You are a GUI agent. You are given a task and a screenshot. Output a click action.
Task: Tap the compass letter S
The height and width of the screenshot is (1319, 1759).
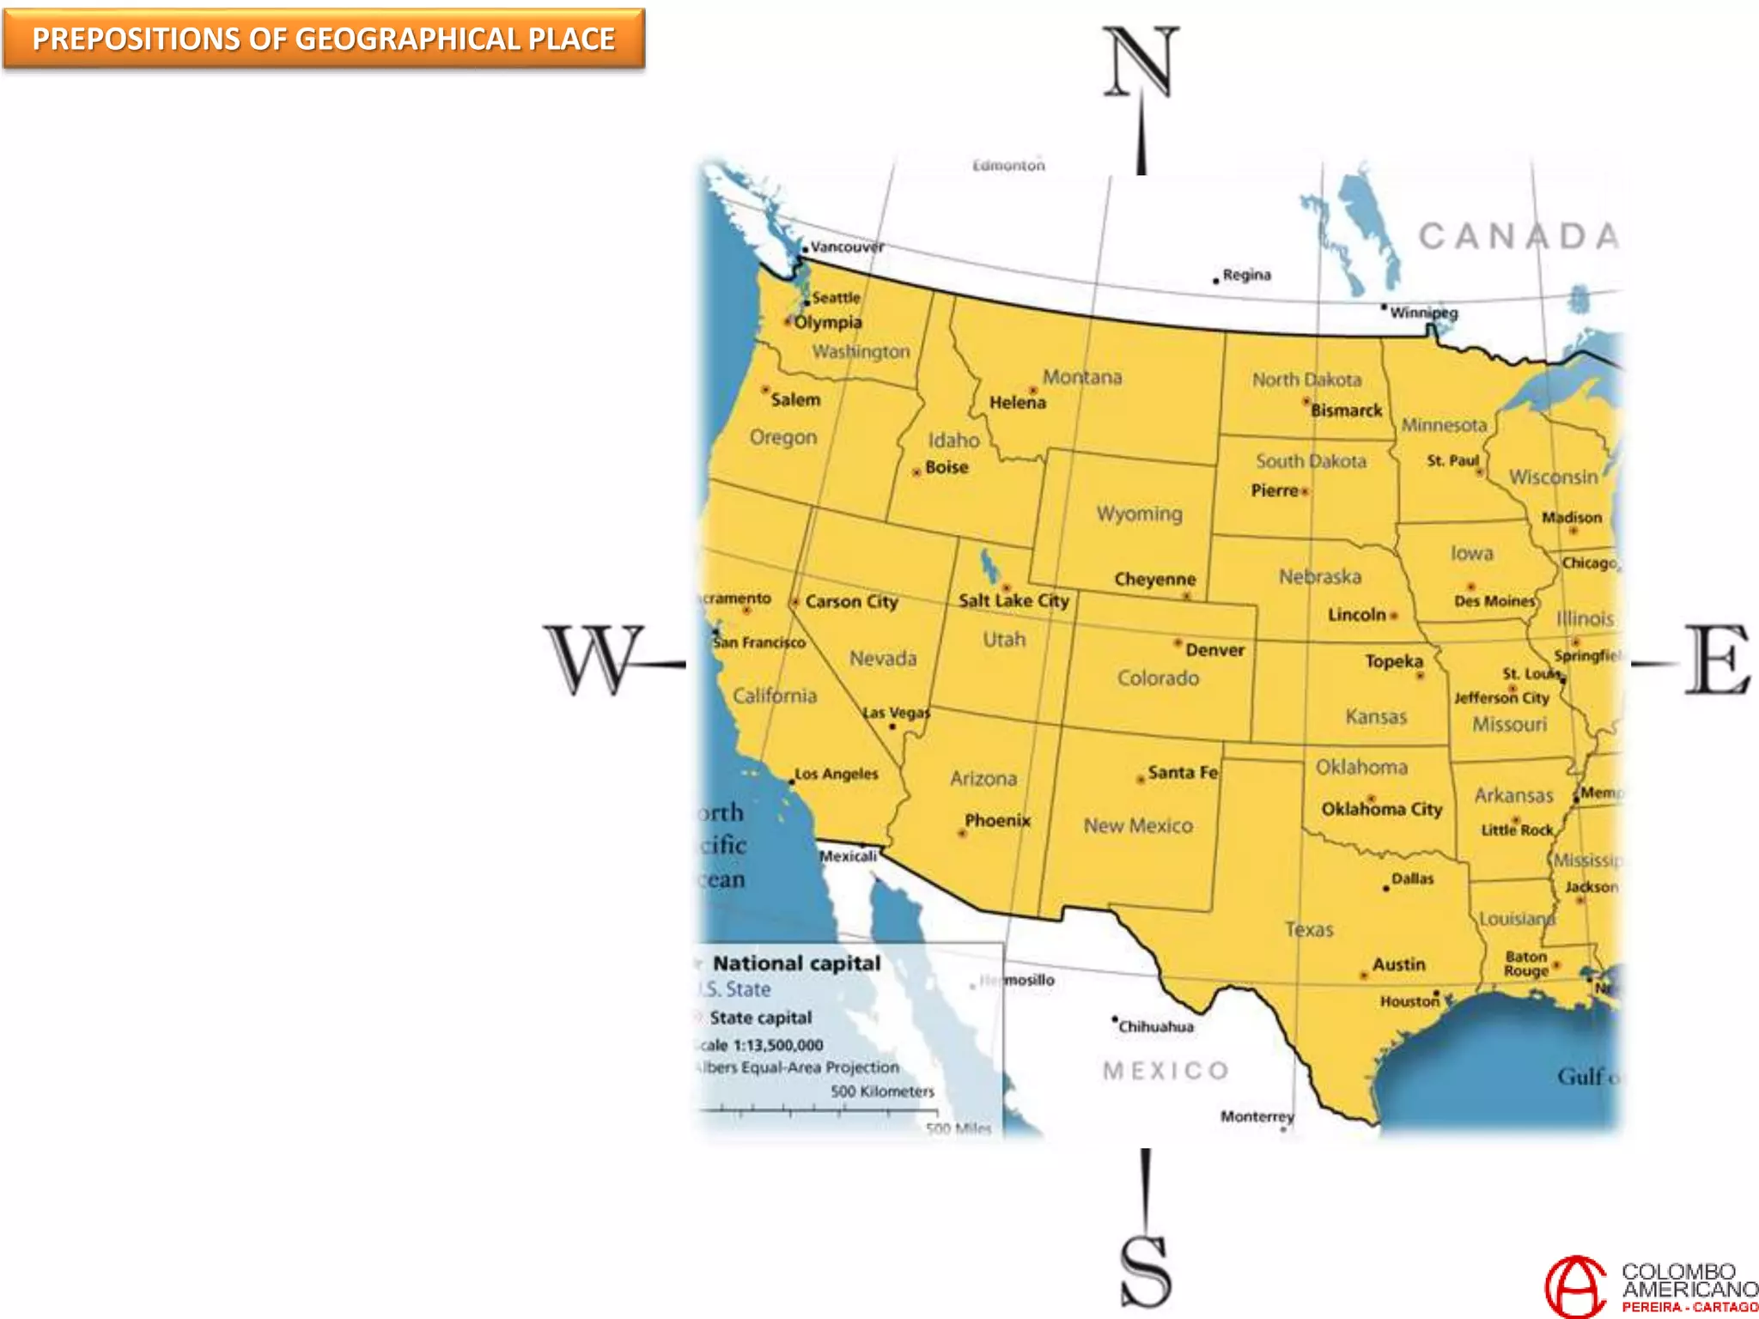tap(1146, 1271)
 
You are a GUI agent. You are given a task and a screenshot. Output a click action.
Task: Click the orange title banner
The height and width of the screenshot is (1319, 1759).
tap(324, 40)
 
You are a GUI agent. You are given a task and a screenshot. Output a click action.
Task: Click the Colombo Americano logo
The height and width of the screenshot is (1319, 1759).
tap(1649, 1285)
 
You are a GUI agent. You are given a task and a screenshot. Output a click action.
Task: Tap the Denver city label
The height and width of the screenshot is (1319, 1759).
tap(1214, 651)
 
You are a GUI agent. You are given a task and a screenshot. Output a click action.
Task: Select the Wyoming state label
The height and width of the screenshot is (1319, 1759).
tap(1139, 514)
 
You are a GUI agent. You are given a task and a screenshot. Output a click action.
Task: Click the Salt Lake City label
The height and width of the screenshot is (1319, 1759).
tap(1013, 600)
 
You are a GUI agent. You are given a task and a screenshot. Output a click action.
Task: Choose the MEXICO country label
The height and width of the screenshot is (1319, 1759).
tap(1166, 1071)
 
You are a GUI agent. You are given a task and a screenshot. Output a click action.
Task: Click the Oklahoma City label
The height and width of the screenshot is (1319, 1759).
tap(1381, 809)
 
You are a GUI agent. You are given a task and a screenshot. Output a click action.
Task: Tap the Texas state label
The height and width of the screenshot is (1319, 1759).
tap(1309, 929)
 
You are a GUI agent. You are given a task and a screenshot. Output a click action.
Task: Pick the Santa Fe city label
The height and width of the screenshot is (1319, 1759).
tap(1182, 773)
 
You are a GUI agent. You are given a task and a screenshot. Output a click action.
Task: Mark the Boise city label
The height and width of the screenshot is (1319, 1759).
tap(946, 467)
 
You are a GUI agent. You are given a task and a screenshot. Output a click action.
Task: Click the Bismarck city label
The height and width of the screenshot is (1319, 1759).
tap(1346, 410)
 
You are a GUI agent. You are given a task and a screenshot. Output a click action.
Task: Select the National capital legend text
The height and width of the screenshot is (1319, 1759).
tap(796, 963)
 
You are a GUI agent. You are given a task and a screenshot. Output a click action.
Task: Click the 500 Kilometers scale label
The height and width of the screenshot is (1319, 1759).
tap(882, 1091)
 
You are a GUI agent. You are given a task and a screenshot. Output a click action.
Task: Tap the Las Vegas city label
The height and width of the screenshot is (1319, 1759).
tap(896, 713)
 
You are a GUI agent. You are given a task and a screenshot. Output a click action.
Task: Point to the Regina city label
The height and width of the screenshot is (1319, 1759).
tap(1246, 275)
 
